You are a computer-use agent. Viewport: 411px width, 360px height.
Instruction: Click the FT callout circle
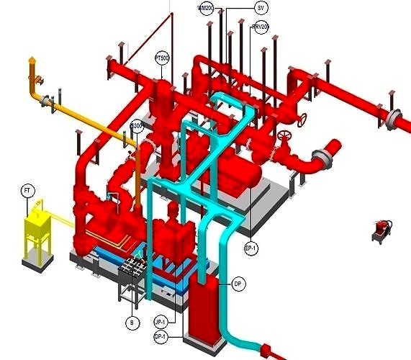pos(26,191)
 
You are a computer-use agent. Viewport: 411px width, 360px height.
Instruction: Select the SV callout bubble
pos(261,8)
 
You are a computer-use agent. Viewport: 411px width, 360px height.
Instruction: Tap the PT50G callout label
pos(162,56)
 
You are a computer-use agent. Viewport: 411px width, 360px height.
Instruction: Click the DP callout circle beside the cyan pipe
pos(238,284)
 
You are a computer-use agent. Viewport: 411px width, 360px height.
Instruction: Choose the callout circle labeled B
pos(132,323)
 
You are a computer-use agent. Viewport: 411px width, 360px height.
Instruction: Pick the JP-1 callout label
pos(161,322)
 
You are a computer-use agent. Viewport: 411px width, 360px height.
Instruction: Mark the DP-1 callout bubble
pos(161,336)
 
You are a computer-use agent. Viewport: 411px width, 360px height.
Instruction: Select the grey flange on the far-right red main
pos(393,119)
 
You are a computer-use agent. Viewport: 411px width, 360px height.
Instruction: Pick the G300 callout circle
pos(137,127)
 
